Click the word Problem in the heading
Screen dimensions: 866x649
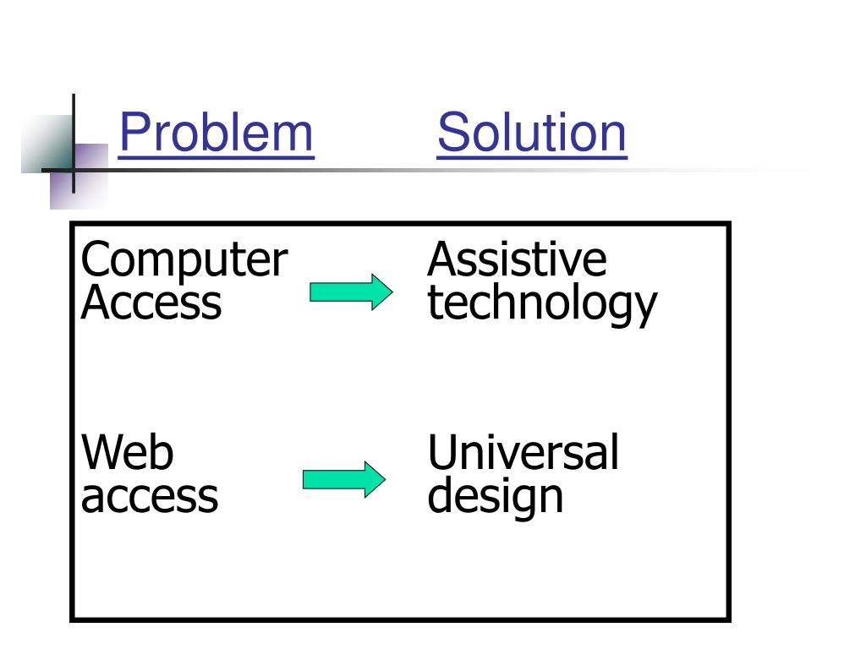216,134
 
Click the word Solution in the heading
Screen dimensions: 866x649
532,134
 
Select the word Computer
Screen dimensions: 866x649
184,259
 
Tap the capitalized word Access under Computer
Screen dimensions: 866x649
151,303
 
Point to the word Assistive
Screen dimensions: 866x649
517,259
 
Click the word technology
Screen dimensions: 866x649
541,304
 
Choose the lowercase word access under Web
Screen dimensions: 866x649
150,496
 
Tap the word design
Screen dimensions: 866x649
495,497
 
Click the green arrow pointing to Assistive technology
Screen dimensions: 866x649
351,292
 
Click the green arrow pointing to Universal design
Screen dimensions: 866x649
344,480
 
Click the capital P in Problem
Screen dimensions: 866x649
132,134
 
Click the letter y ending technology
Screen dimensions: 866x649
644,308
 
